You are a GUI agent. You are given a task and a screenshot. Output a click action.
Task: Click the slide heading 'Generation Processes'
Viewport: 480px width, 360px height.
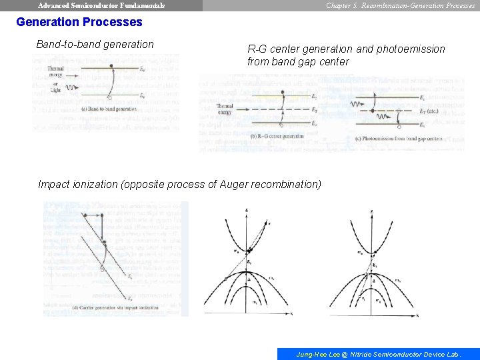[x=79, y=22]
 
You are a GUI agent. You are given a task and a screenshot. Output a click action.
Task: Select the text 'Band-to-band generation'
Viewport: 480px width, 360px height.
[x=95, y=45]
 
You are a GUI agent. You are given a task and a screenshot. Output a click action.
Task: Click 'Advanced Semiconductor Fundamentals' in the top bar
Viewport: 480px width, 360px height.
[x=101, y=5]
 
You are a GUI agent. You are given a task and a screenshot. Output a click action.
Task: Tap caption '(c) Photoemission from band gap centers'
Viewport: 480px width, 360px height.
[x=399, y=139]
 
